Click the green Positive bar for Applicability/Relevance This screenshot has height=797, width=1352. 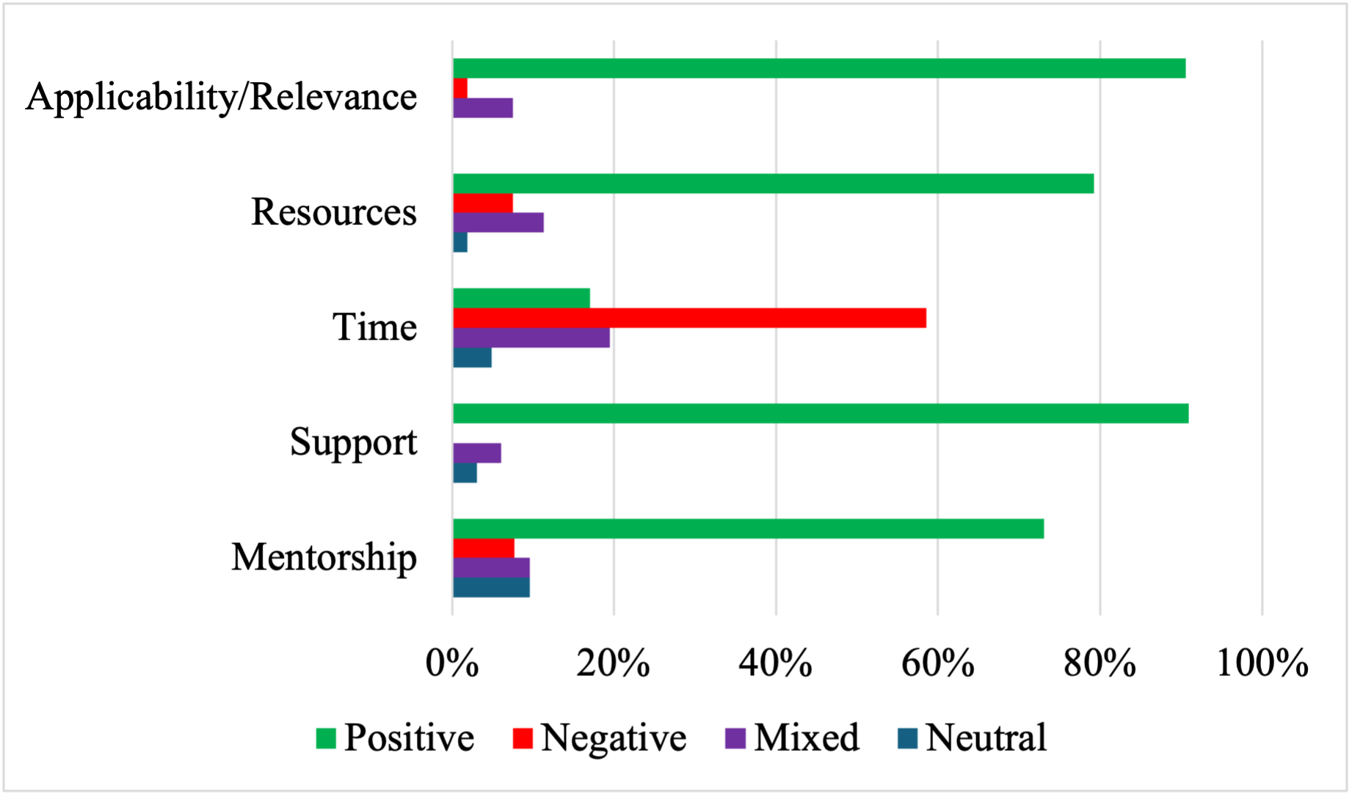(x=818, y=68)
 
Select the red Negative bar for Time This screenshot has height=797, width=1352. (x=689, y=319)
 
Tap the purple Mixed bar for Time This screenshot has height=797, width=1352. (x=531, y=338)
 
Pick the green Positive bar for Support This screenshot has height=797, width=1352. (x=820, y=414)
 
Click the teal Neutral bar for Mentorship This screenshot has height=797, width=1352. (x=491, y=588)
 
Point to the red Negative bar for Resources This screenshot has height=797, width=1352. (x=482, y=203)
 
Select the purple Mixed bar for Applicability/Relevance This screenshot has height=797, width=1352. (x=482, y=108)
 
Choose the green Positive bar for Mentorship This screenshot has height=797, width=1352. (x=748, y=529)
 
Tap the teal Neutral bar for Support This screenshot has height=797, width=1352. (x=465, y=473)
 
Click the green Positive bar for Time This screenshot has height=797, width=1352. (x=521, y=299)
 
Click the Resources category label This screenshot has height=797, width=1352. (x=334, y=212)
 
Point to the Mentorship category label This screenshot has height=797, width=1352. (x=324, y=557)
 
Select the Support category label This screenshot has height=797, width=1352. (x=353, y=443)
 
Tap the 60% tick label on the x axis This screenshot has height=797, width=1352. (x=937, y=663)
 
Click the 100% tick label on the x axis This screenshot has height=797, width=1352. (x=1262, y=663)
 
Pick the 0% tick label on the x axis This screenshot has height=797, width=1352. (x=452, y=663)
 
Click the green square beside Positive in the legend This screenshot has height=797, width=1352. (x=326, y=738)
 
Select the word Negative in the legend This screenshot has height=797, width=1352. (x=614, y=738)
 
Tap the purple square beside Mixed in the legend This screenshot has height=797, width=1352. (x=735, y=738)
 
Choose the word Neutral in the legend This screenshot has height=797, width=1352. (x=986, y=738)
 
